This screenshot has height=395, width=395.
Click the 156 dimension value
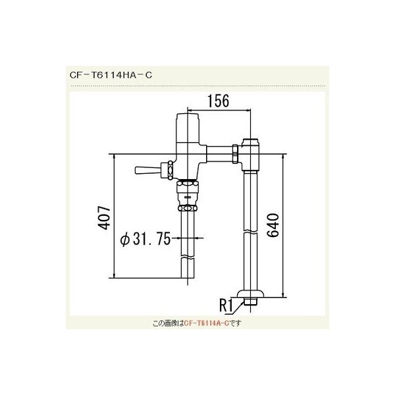pyautogui.click(x=218, y=101)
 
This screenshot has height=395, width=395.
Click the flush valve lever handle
pyautogui.click(x=145, y=171)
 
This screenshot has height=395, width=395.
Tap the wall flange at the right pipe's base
pyautogui.click(x=251, y=296)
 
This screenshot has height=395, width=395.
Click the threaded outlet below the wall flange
pyautogui.click(x=251, y=303)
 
